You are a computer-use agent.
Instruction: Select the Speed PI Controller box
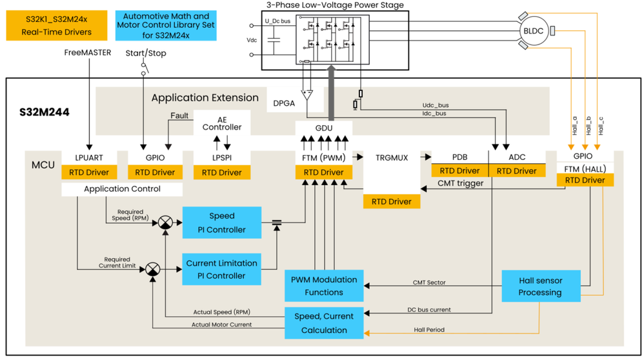[222, 223]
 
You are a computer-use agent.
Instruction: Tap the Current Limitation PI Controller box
[222, 269]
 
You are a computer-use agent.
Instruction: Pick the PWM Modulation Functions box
[324, 286]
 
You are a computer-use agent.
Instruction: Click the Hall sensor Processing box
[540, 286]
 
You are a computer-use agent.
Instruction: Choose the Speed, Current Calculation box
[324, 323]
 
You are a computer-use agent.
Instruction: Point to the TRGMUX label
[392, 157]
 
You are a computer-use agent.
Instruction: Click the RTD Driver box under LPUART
[89, 172]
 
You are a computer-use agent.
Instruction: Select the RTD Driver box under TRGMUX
[392, 201]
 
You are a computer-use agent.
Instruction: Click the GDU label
[324, 128]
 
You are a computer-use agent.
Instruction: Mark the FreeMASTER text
[88, 52]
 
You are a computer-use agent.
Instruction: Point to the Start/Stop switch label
[145, 53]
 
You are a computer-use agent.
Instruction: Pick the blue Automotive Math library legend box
[166, 25]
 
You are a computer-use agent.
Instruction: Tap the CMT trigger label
[461, 183]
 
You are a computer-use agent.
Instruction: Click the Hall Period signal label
[429, 330]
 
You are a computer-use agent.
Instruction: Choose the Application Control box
[122, 189]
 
